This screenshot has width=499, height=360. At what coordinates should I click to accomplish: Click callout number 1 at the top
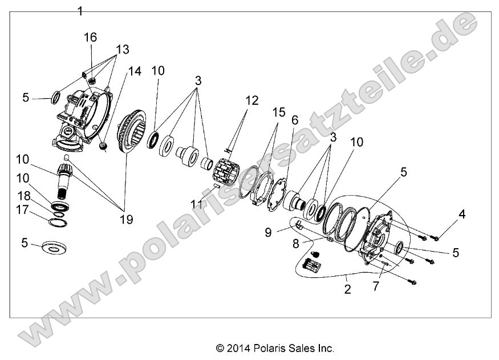click(x=80, y=11)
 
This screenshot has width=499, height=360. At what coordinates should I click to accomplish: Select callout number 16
click(x=91, y=37)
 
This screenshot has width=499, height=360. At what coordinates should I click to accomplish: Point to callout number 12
click(x=252, y=101)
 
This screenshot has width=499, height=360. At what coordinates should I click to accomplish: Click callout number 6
click(x=295, y=120)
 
